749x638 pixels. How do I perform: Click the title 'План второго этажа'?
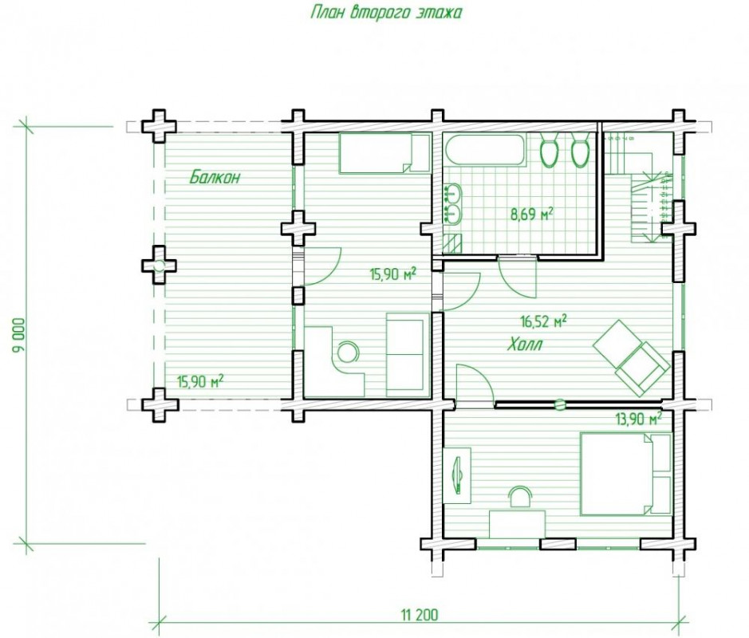pyautogui.click(x=386, y=12)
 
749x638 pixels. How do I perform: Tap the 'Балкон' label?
pyautogui.click(x=215, y=177)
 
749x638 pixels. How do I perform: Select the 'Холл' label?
pyautogui.click(x=525, y=344)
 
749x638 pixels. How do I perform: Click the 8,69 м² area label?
pyautogui.click(x=532, y=215)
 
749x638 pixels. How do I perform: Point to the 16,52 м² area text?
pyautogui.click(x=543, y=321)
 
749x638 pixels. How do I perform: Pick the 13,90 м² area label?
pyautogui.click(x=639, y=419)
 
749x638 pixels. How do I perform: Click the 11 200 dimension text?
pyautogui.click(x=419, y=615)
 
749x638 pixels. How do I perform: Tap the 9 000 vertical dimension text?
pyautogui.click(x=20, y=335)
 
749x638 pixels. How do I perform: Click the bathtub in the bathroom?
pyautogui.click(x=485, y=150)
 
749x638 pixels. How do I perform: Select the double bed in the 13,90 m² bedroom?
pyautogui.click(x=625, y=474)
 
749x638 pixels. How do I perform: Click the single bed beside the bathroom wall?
pyautogui.click(x=384, y=153)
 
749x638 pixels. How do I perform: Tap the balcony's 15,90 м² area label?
pyautogui.click(x=201, y=381)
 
